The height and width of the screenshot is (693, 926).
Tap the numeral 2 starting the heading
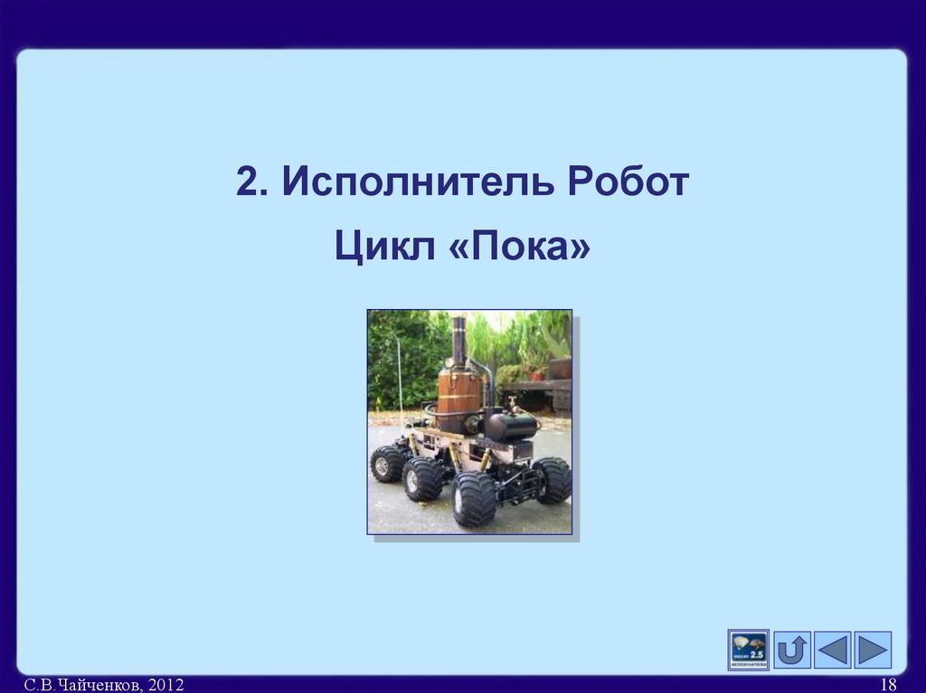[x=247, y=182]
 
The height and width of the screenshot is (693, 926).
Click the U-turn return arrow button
[x=792, y=650]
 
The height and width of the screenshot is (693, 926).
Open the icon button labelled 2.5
[x=748, y=650]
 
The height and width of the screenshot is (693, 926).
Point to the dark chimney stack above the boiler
[x=458, y=338]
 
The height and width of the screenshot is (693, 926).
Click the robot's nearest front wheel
[x=474, y=499]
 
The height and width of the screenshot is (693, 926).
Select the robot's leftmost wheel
[x=387, y=463]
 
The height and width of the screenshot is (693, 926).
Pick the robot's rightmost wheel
[x=553, y=480]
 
